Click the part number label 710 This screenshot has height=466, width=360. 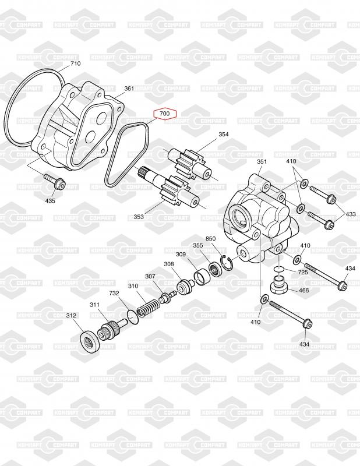coord(76,63)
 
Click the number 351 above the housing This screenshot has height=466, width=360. coord(262,162)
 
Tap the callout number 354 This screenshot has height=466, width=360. coord(224,135)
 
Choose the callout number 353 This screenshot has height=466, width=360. coord(139,217)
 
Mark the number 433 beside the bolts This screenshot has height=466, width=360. coord(351,214)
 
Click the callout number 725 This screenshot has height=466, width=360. coord(303,272)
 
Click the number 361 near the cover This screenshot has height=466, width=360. coord(129,89)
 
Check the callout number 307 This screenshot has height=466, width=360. coord(150,276)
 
